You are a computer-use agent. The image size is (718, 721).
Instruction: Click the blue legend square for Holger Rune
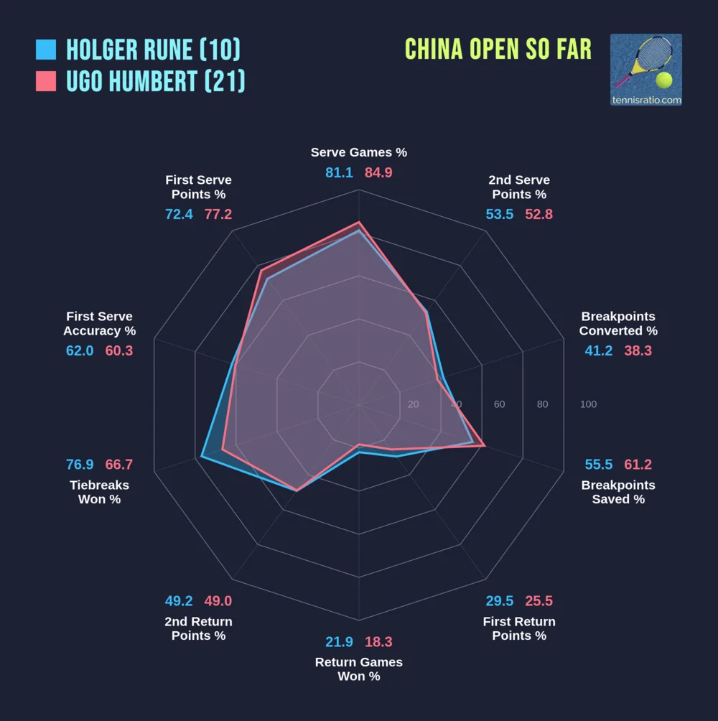click(x=45, y=50)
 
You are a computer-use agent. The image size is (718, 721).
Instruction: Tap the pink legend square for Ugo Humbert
click(x=45, y=81)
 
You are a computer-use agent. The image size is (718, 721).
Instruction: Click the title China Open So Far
click(x=498, y=49)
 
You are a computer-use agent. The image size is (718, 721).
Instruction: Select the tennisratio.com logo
click(x=646, y=70)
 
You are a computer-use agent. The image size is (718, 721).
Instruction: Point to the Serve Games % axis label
click(x=359, y=152)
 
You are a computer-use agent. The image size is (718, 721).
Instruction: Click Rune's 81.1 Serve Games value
click(x=339, y=173)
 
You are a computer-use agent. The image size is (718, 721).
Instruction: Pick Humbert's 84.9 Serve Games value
click(x=378, y=173)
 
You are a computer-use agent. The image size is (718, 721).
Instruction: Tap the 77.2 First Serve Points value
click(x=218, y=215)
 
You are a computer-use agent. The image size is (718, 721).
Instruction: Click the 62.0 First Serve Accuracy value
click(x=80, y=351)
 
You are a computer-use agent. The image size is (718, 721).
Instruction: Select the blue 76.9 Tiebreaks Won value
click(x=80, y=465)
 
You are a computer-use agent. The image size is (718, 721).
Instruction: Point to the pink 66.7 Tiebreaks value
click(x=119, y=465)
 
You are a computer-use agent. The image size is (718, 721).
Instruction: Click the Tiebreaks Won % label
click(x=99, y=492)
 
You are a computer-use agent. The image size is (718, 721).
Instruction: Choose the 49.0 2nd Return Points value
click(x=218, y=601)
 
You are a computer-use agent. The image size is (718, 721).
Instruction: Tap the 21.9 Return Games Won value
click(x=339, y=642)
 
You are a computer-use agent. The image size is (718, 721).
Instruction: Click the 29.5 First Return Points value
click(x=499, y=601)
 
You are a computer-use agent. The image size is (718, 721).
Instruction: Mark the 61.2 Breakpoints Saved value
click(x=638, y=465)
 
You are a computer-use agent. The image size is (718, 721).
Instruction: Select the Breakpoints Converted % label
click(x=618, y=324)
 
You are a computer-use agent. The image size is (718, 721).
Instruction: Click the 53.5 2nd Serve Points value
click(x=499, y=215)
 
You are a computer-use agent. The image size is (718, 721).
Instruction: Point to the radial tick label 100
click(x=588, y=404)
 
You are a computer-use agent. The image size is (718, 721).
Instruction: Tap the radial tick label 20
click(x=413, y=404)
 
